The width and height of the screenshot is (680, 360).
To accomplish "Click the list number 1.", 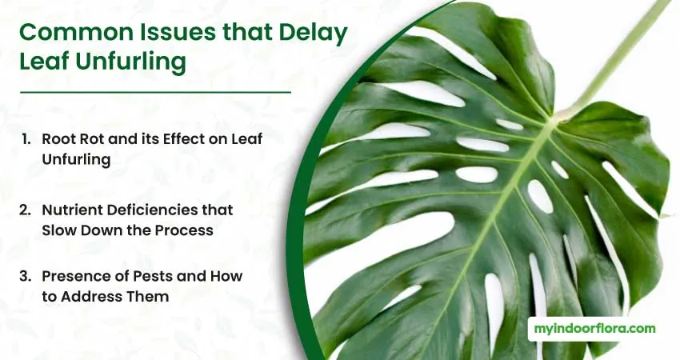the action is (26, 139).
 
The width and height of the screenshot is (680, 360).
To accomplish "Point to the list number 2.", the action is (25, 210).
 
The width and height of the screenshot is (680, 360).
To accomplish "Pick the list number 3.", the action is (25, 276).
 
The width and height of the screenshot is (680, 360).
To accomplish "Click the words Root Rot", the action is (73, 139).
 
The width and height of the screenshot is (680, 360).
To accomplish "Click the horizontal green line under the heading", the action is (155, 92).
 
